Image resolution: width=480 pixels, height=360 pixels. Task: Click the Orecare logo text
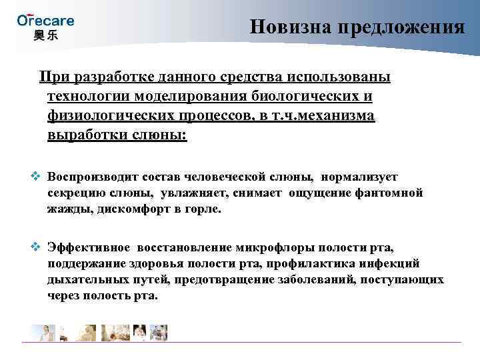[x=45, y=20]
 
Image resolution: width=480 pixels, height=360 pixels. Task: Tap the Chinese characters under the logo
[x=45, y=35]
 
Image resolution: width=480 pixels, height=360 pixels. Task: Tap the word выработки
[x=81, y=135]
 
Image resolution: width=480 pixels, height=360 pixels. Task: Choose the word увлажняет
[x=187, y=193]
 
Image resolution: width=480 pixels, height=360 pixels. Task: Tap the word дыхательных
[x=82, y=279]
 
